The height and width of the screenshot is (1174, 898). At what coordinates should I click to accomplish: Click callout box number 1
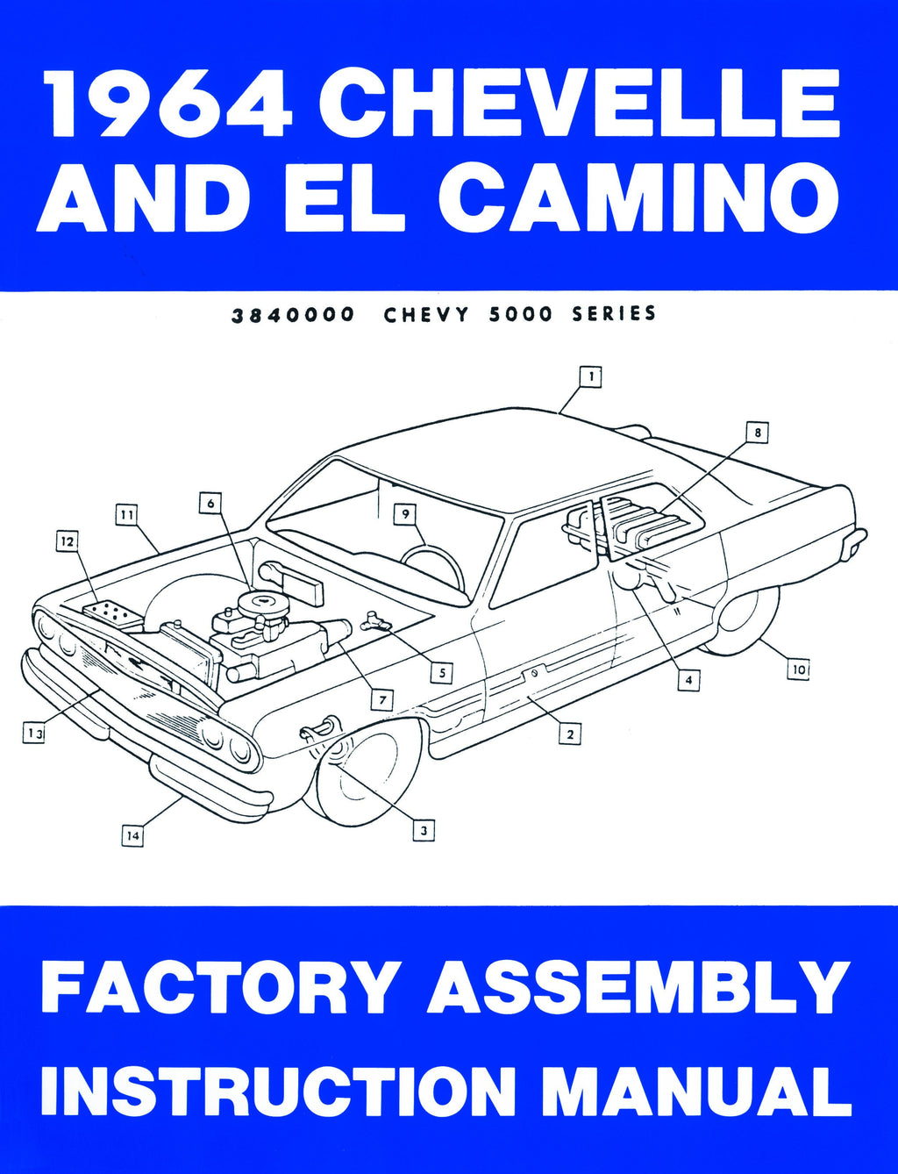pos(591,376)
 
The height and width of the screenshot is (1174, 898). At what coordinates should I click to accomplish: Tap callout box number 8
pos(758,433)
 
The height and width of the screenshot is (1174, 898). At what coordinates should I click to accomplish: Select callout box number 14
pos(132,835)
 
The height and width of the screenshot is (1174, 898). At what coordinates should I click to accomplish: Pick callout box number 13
pos(33,734)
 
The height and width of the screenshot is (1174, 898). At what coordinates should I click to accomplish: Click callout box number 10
pos(799,669)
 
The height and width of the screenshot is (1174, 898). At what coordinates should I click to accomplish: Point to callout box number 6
pos(210,504)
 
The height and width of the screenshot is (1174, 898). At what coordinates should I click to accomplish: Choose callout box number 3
pos(424,831)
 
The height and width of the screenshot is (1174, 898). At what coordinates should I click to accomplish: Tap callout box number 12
pos(68,541)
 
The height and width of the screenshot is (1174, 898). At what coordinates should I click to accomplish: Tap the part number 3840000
pos(292,315)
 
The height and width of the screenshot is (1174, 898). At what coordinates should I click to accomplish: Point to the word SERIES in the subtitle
pos(614,314)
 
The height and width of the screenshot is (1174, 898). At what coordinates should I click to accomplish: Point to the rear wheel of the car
pos(742,620)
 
